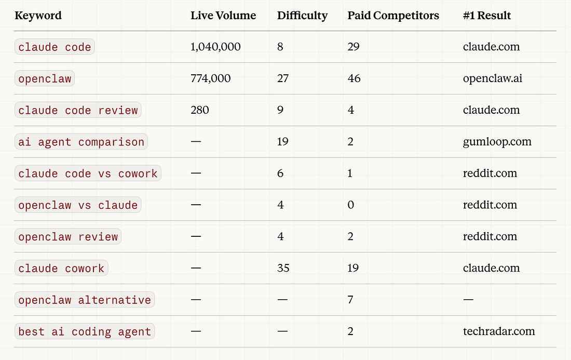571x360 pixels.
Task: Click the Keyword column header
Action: [x=38, y=16]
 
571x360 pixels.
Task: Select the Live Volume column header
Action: [x=223, y=16]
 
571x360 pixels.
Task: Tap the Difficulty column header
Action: [x=302, y=16]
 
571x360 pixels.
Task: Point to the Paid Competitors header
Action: [x=393, y=16]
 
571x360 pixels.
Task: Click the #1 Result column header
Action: [x=486, y=16]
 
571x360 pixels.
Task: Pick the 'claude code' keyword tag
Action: [x=55, y=47]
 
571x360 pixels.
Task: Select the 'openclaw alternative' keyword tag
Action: [x=85, y=300]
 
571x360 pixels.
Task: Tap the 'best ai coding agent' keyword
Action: [x=85, y=331]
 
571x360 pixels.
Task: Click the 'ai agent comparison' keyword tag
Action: [x=81, y=142]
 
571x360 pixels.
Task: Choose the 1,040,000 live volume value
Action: [x=215, y=47]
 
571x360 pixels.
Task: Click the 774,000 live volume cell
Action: [x=210, y=78]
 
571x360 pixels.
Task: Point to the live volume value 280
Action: [x=200, y=110]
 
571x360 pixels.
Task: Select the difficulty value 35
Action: [x=283, y=268]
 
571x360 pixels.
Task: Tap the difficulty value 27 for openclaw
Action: [x=283, y=78]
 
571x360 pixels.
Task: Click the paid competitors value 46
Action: [x=354, y=78]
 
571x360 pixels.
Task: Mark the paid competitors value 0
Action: [x=351, y=205]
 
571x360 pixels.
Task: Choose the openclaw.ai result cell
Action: [x=492, y=78]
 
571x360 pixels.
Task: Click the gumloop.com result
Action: [x=497, y=142]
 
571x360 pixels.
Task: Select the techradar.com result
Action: [x=498, y=331]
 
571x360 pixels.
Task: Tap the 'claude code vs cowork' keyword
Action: [x=88, y=174]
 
